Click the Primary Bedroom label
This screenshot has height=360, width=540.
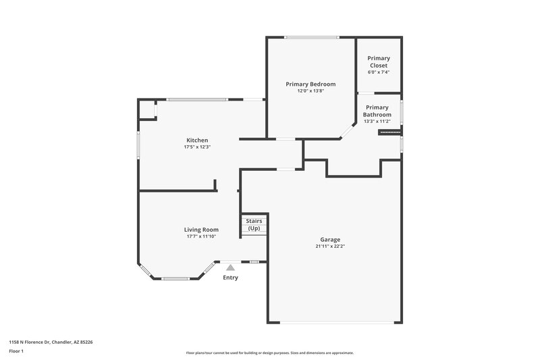310,84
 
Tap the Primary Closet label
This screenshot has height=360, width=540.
378,61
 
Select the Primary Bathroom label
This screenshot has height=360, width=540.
377,111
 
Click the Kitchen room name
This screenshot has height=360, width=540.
197,140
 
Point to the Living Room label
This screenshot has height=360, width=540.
202,230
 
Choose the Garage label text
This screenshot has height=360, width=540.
330,239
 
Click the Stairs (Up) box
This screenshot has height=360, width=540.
254,225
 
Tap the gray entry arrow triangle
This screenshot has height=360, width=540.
230,268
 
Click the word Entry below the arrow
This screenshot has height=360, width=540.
230,278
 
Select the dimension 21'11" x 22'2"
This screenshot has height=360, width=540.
330,247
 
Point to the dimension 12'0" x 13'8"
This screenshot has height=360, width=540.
310,91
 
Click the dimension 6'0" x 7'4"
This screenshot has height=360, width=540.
378,72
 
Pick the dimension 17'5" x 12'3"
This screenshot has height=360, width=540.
197,147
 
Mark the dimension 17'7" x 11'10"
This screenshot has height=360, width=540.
202,236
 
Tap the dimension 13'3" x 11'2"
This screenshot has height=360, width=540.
377,122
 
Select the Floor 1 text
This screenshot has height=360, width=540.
17,352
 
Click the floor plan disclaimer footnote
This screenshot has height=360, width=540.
269,353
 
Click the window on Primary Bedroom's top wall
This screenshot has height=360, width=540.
311,37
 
